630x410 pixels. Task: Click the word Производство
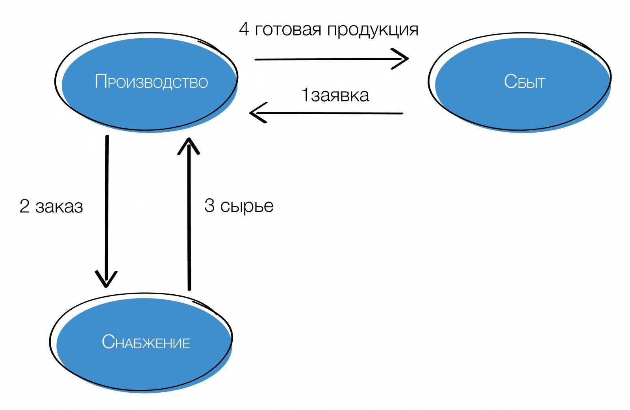click(x=151, y=82)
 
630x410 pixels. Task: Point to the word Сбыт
click(x=524, y=82)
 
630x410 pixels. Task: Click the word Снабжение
click(x=146, y=342)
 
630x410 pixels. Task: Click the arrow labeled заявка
click(x=327, y=113)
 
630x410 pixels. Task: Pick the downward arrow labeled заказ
click(x=106, y=209)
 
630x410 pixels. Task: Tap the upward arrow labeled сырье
click(x=189, y=216)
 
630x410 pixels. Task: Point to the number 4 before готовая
click(x=244, y=30)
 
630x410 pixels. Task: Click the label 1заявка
click(x=335, y=95)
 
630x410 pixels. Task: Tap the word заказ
click(x=59, y=207)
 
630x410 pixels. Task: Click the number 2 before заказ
click(x=24, y=206)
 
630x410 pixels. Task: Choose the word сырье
click(x=246, y=206)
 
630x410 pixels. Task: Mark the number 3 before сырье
click(x=209, y=206)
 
